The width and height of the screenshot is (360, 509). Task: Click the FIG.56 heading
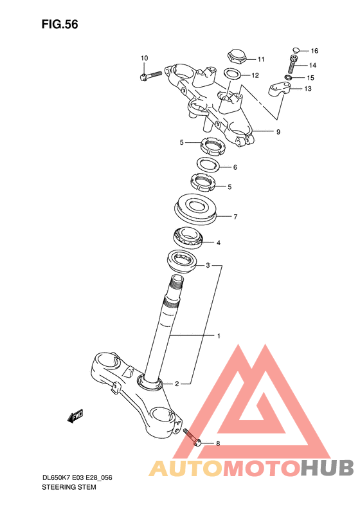pyautogui.click(x=60, y=24)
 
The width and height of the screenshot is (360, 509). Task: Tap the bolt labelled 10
pyautogui.click(x=150, y=76)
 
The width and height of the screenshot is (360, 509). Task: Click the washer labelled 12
pyautogui.click(x=232, y=73)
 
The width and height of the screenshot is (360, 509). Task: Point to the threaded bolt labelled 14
pyautogui.click(x=294, y=64)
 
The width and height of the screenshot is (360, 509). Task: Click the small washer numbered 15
pyautogui.click(x=288, y=77)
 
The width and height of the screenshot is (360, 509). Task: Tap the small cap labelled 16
pyautogui.click(x=296, y=50)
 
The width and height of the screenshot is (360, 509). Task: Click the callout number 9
pyautogui.click(x=278, y=132)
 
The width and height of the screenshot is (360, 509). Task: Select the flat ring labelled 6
pyautogui.click(x=208, y=164)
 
